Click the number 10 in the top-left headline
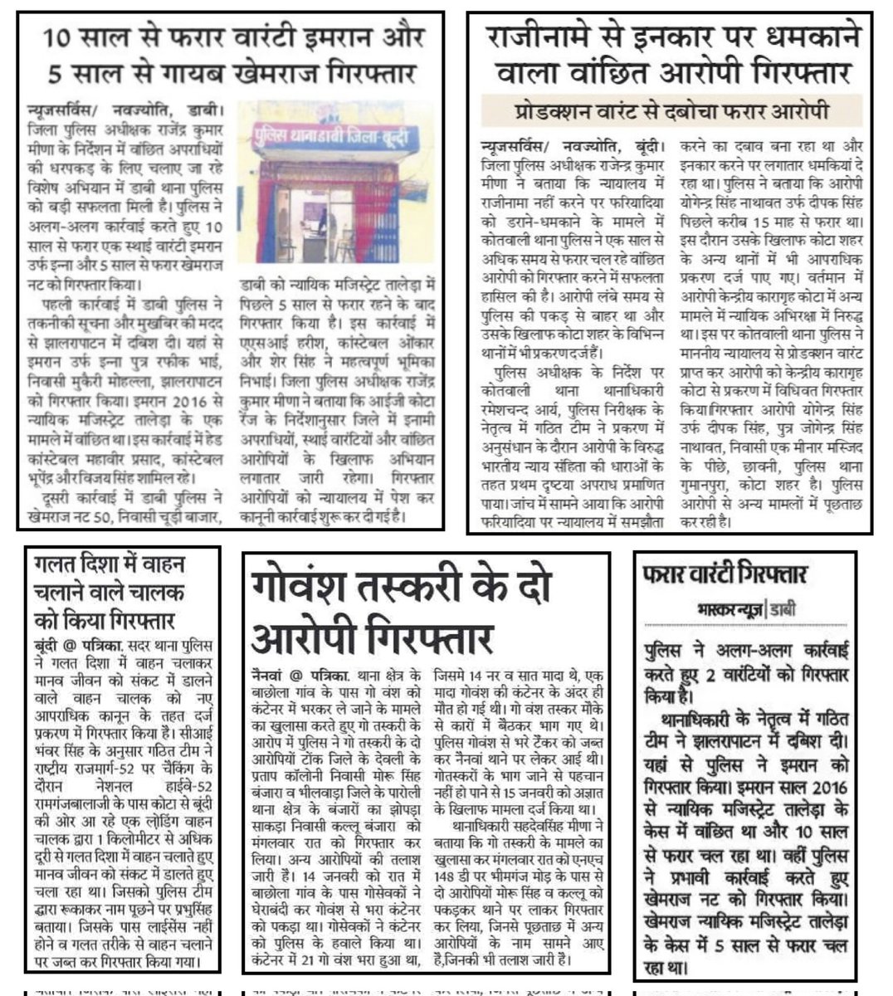60,39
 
